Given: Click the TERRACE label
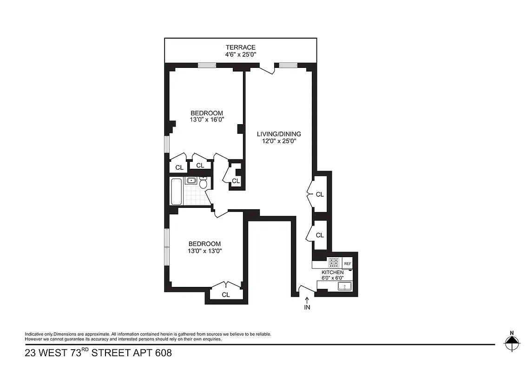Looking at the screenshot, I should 240,47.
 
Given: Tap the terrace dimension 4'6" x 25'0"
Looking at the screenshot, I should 240,54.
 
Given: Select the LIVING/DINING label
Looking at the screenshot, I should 279,134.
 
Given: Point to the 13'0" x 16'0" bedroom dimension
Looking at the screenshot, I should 207,120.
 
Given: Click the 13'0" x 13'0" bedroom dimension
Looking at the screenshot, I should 204,251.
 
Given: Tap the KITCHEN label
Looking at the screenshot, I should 333,272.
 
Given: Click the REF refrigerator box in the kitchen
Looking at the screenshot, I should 348,264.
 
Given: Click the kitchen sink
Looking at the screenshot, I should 344,286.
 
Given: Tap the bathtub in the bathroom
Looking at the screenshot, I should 177,191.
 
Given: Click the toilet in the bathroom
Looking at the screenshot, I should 203,184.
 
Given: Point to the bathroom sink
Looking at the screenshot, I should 191,180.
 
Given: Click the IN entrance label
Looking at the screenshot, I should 307,307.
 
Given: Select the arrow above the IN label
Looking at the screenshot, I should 307,300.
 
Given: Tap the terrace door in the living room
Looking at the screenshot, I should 267,69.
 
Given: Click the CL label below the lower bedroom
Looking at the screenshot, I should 226,294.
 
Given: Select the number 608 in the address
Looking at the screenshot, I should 163,353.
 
